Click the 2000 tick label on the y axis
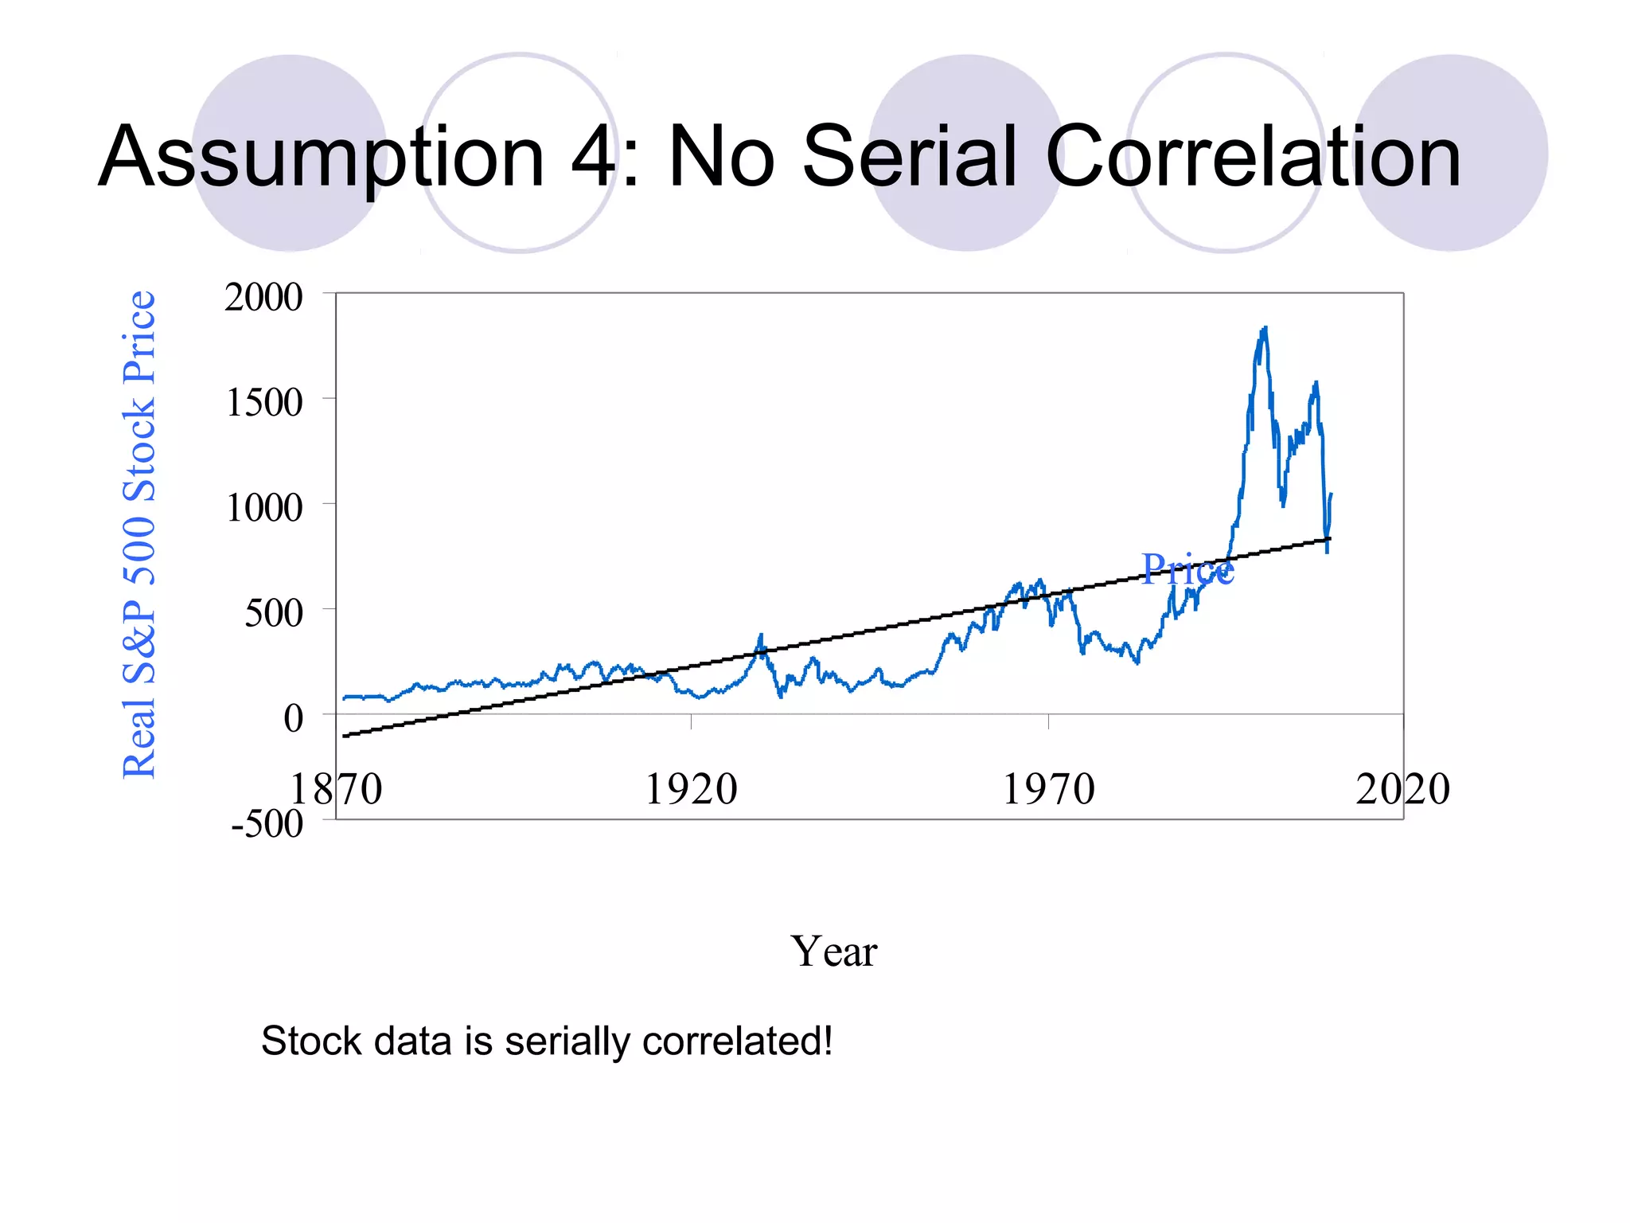pyautogui.click(x=263, y=298)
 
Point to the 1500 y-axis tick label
pyautogui.click(x=263, y=403)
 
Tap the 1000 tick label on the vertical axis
pyautogui.click(x=263, y=508)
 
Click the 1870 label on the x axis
pyautogui.click(x=336, y=790)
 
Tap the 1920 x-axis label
pyautogui.click(x=691, y=790)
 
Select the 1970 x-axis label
pyautogui.click(x=1048, y=790)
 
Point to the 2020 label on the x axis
pyautogui.click(x=1402, y=790)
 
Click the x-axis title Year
pyautogui.click(x=833, y=951)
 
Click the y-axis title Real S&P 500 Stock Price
pyautogui.click(x=139, y=534)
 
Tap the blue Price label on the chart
pyautogui.click(x=1187, y=569)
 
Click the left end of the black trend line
pyautogui.click(x=344, y=737)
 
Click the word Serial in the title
pyautogui.click(x=911, y=157)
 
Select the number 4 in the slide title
pyautogui.click(x=593, y=157)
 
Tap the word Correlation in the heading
pyautogui.click(x=1253, y=157)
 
